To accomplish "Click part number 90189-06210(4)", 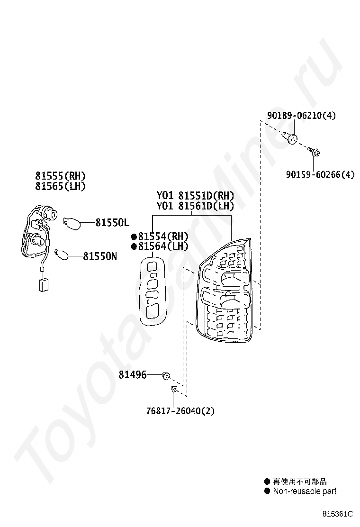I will [301, 115].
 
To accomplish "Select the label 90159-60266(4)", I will [320, 174].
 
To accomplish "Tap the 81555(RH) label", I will [60, 176].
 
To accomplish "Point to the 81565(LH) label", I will [60, 187].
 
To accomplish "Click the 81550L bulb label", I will [112, 222].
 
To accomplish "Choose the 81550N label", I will [100, 256].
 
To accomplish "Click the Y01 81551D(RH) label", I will [195, 196].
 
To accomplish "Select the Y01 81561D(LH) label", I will [195, 206].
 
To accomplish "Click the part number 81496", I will [132, 375].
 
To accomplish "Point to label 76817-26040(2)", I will [180, 411].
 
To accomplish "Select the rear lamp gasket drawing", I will [153, 291].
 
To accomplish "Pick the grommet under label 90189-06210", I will [291, 138].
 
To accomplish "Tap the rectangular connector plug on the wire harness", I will [43, 285].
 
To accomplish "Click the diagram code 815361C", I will [338, 514].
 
